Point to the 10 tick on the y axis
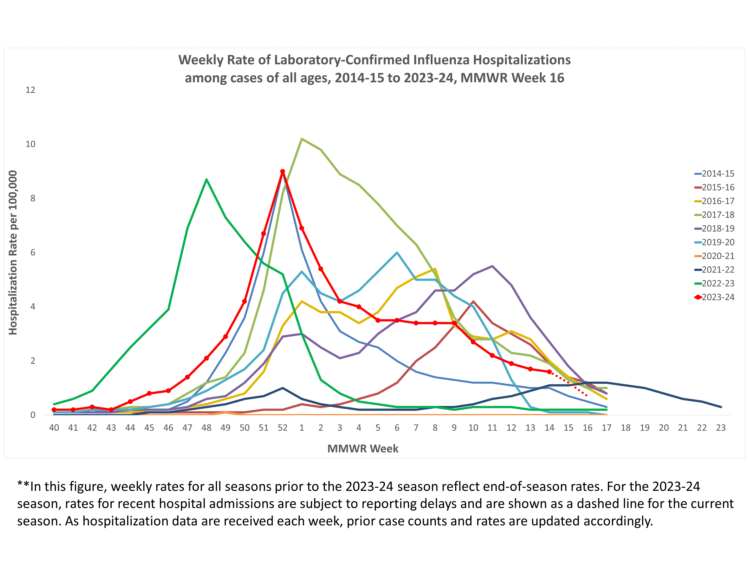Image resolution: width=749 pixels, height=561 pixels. tap(30, 144)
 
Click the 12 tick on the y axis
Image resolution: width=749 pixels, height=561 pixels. tap(30, 90)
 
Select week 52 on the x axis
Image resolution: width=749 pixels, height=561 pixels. tap(282, 428)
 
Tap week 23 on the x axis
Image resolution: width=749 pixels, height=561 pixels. tap(721, 428)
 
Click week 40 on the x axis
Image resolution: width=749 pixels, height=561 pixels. tap(54, 428)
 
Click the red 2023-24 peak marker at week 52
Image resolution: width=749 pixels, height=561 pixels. tap(282, 171)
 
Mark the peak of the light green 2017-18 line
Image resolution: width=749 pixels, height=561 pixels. tap(301, 139)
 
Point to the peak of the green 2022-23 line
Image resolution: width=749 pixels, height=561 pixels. tap(206, 179)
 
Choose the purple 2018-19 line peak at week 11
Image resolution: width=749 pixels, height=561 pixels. tap(492, 266)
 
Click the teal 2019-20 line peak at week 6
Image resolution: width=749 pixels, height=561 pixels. tap(397, 253)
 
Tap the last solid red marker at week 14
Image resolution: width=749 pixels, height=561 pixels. tap(549, 372)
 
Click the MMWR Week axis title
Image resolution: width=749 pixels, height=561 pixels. tap(363, 448)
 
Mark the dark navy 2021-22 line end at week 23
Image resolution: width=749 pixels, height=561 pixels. tap(721, 407)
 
